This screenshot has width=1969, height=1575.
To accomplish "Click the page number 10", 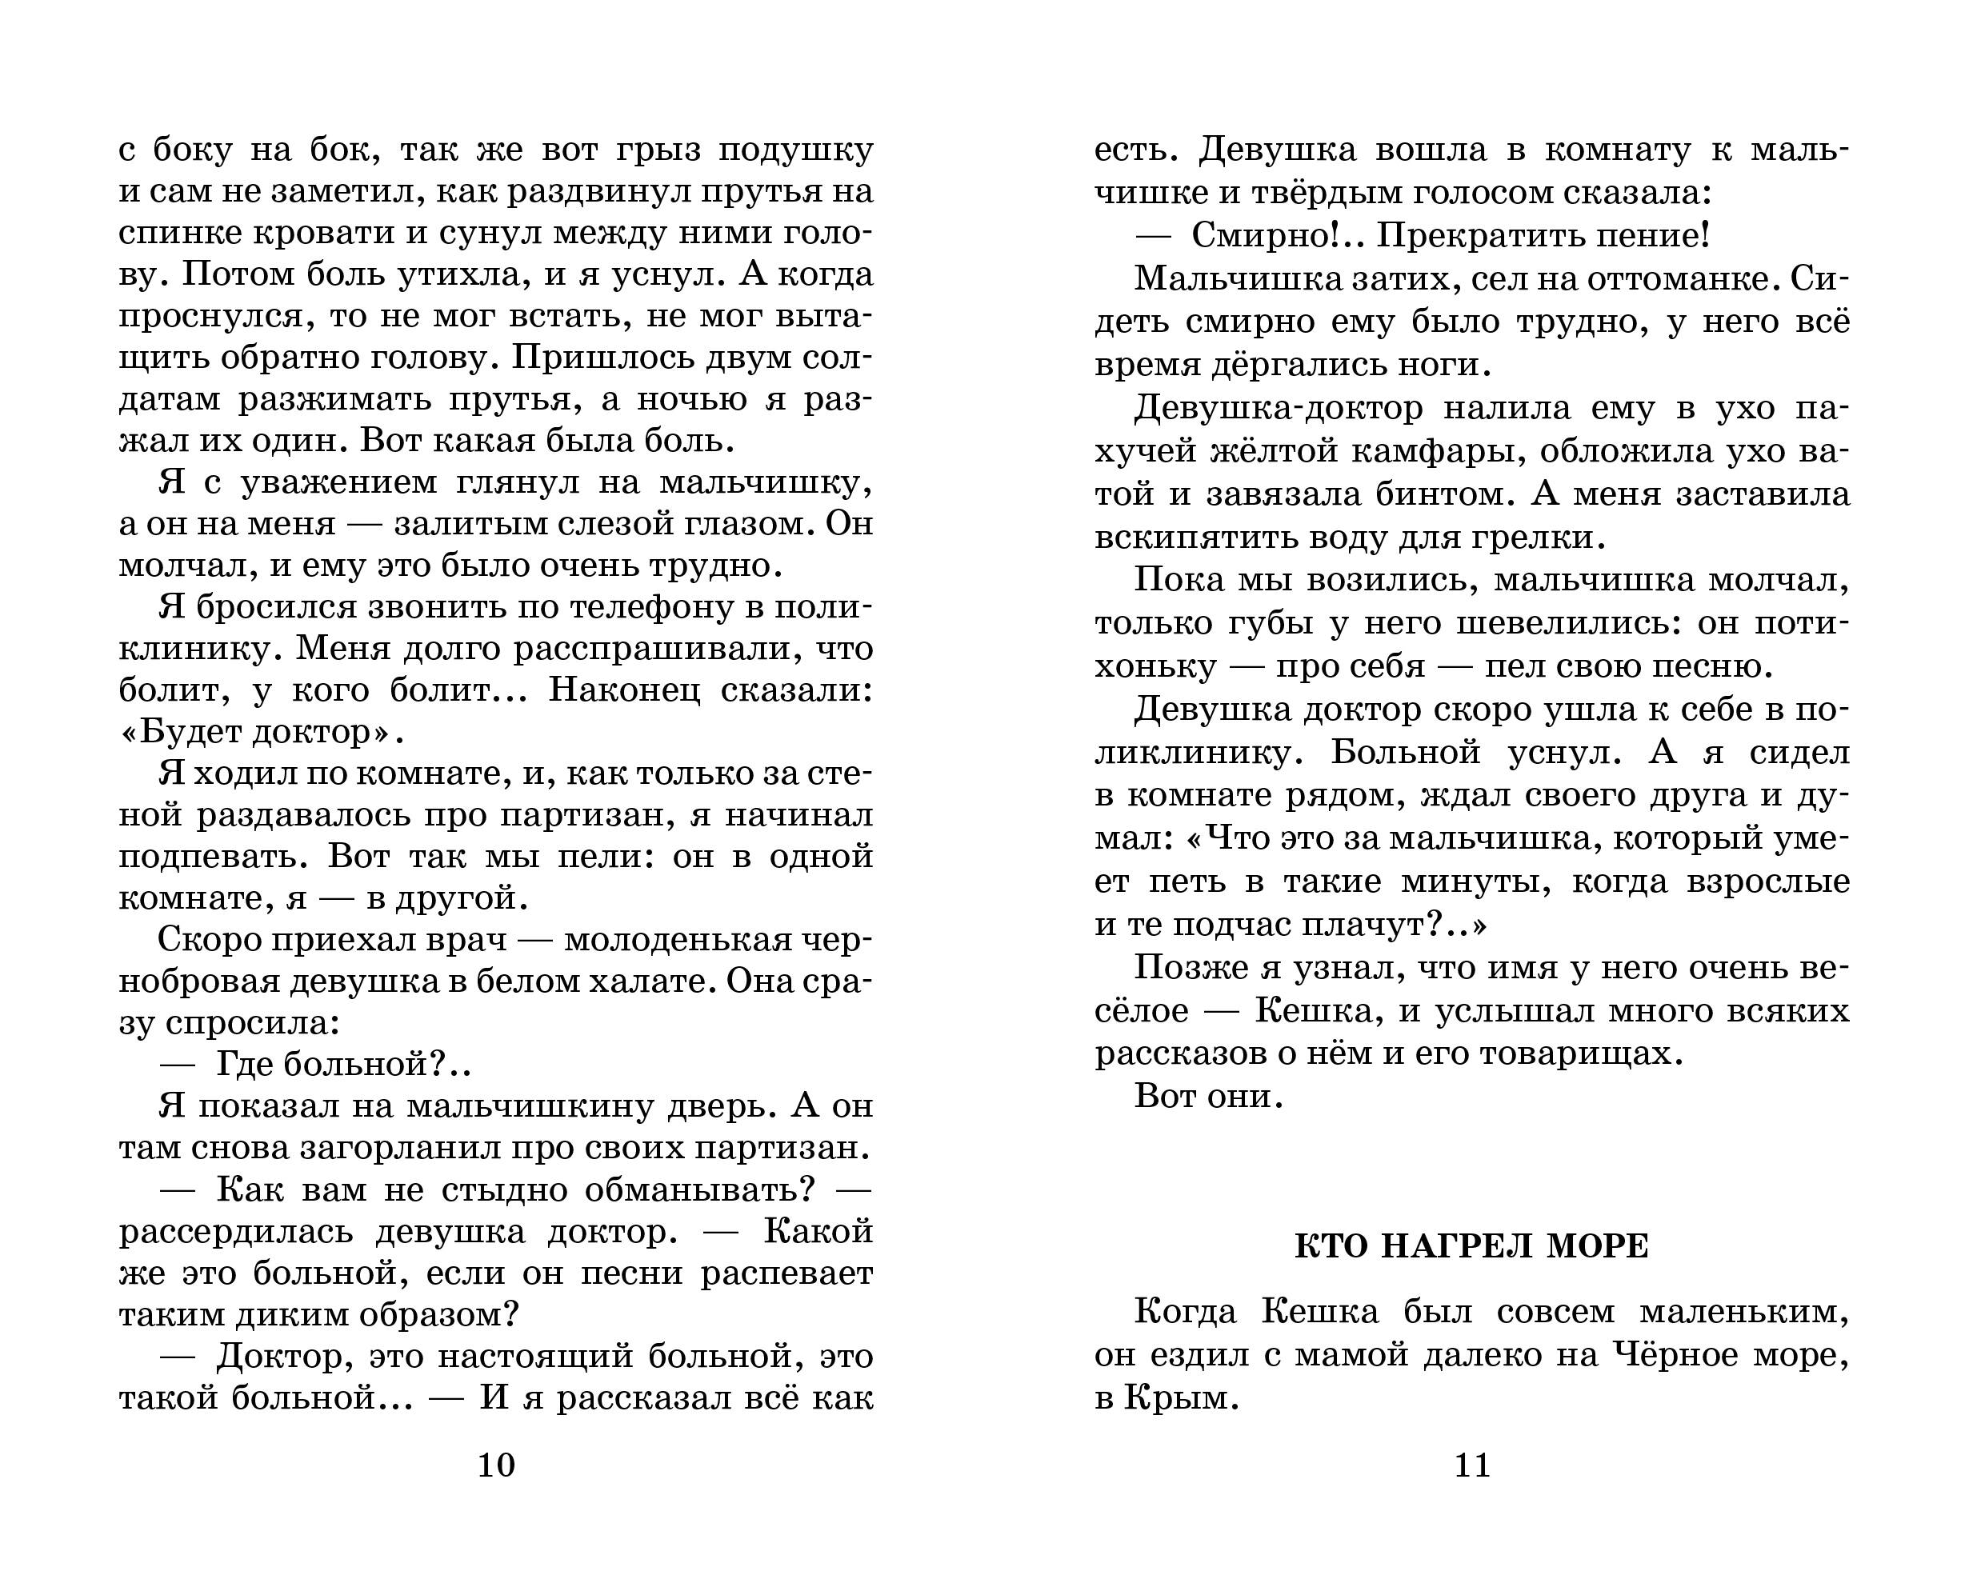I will (496, 1465).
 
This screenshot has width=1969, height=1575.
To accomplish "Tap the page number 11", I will (1472, 1465).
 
